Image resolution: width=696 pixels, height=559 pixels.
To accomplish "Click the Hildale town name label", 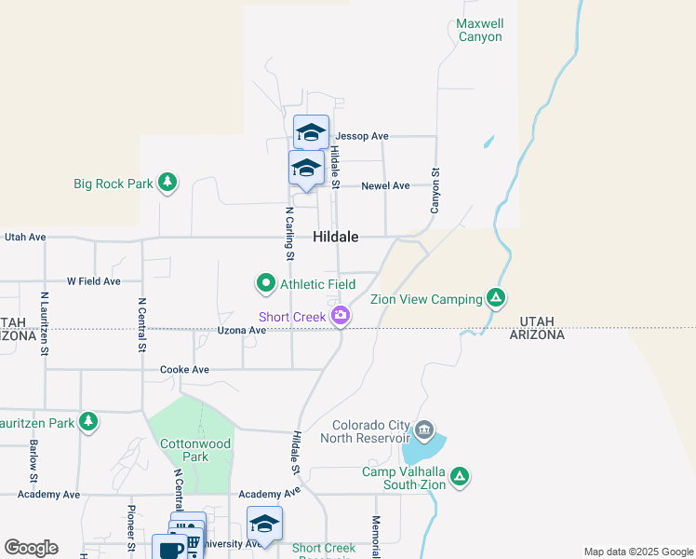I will [336, 238].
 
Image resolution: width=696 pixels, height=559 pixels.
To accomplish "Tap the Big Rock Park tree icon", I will [167, 183].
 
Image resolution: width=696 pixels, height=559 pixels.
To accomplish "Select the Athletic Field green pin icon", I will [266, 282].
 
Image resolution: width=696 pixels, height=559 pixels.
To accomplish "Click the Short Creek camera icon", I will [341, 316].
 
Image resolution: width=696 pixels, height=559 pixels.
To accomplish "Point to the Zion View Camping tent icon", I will [497, 298].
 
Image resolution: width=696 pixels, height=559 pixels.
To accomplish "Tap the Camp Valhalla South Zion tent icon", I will [459, 477].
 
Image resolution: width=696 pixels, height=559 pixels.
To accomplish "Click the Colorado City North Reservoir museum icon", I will [424, 429].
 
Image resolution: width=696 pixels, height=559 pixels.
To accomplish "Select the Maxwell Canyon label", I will [480, 30].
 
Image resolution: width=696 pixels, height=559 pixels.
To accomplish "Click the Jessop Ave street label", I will [362, 136].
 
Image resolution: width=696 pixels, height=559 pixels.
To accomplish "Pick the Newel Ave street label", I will [385, 185].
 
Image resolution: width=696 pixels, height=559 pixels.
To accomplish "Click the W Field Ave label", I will [93, 280].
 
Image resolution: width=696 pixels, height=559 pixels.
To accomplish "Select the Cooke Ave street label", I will [184, 369].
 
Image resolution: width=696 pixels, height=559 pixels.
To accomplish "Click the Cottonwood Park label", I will [194, 451].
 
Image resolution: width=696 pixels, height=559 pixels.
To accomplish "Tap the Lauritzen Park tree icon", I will [88, 422].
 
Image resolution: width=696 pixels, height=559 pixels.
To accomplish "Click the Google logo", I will [32, 548].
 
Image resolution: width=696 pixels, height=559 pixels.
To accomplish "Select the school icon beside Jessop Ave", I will [311, 132].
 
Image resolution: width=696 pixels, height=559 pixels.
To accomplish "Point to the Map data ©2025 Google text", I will [637, 552].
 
